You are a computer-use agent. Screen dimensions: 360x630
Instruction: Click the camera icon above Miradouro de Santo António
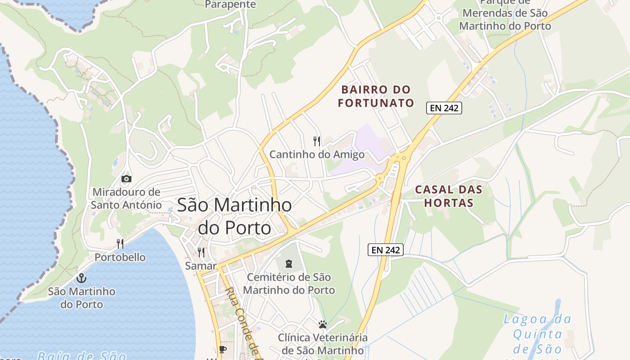click(126, 179)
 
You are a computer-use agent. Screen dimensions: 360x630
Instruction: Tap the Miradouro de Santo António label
click(126, 198)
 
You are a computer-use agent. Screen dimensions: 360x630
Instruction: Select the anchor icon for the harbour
click(81, 278)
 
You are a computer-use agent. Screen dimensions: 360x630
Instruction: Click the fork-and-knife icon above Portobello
click(120, 244)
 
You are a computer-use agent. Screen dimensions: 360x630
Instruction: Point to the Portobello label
click(120, 257)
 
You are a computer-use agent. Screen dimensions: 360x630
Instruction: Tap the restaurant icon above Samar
click(201, 252)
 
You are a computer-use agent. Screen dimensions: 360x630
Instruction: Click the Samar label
click(201, 266)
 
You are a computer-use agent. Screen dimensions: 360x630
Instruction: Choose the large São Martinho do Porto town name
click(234, 216)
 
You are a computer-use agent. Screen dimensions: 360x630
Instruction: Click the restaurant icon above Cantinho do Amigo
click(317, 141)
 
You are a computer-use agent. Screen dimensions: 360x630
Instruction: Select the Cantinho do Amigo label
click(317, 155)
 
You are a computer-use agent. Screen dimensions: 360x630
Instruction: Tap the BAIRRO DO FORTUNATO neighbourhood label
click(376, 96)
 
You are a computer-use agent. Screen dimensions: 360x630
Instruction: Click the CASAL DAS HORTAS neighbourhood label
click(448, 196)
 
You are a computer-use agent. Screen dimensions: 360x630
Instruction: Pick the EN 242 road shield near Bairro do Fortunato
click(444, 108)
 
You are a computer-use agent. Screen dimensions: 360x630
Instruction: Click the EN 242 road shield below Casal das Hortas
click(386, 250)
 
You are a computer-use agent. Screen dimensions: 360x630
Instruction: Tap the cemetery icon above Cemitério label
click(289, 263)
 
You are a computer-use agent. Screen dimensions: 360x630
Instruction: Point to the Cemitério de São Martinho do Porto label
click(289, 283)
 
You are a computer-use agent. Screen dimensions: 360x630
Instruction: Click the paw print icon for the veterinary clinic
click(322, 324)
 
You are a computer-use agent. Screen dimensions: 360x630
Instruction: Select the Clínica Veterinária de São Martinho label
click(322, 343)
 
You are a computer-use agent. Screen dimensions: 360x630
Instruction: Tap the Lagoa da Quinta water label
click(537, 334)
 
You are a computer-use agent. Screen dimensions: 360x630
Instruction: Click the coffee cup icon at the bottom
click(222, 349)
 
